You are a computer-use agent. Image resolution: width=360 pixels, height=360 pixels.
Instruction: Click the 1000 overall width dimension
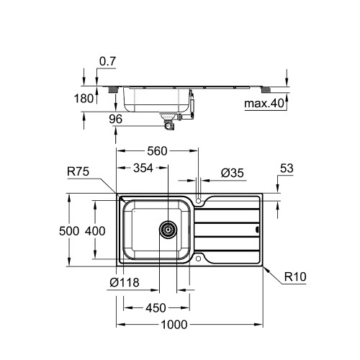[x=174, y=325]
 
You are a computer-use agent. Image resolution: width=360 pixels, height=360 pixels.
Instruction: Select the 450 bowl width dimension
[x=156, y=308]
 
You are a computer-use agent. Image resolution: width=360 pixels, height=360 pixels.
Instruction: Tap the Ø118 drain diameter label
[x=125, y=282]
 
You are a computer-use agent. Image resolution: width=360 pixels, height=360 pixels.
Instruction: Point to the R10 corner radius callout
[x=295, y=276]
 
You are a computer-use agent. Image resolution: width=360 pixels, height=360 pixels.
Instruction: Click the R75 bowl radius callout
[x=78, y=171]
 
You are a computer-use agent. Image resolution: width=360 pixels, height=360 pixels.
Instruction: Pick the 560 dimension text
[x=157, y=151]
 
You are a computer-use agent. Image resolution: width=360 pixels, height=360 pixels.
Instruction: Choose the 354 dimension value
[x=143, y=168]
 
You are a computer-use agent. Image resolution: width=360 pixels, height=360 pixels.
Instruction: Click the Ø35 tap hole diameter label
[x=232, y=173]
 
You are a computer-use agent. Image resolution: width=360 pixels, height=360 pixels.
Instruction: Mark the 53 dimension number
[x=287, y=168]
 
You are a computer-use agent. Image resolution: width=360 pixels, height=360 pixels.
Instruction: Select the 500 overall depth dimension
[x=69, y=231]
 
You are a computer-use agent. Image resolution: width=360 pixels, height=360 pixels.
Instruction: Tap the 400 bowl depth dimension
[x=95, y=231]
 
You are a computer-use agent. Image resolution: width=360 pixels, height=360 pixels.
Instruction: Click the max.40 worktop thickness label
[x=264, y=104]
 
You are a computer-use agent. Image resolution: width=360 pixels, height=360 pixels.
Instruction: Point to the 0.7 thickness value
[x=107, y=62]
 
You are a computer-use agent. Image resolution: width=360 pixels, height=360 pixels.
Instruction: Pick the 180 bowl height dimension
[x=84, y=99]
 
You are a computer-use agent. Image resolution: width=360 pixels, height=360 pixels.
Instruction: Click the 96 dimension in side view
[x=115, y=119]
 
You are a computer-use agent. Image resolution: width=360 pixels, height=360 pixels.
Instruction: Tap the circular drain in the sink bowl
[x=168, y=230]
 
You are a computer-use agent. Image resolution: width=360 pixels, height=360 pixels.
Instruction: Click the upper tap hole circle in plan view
[x=198, y=200]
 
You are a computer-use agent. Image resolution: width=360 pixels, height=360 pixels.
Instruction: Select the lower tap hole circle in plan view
[x=198, y=258]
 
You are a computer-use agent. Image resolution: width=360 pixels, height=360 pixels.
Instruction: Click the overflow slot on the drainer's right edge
[x=258, y=230]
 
